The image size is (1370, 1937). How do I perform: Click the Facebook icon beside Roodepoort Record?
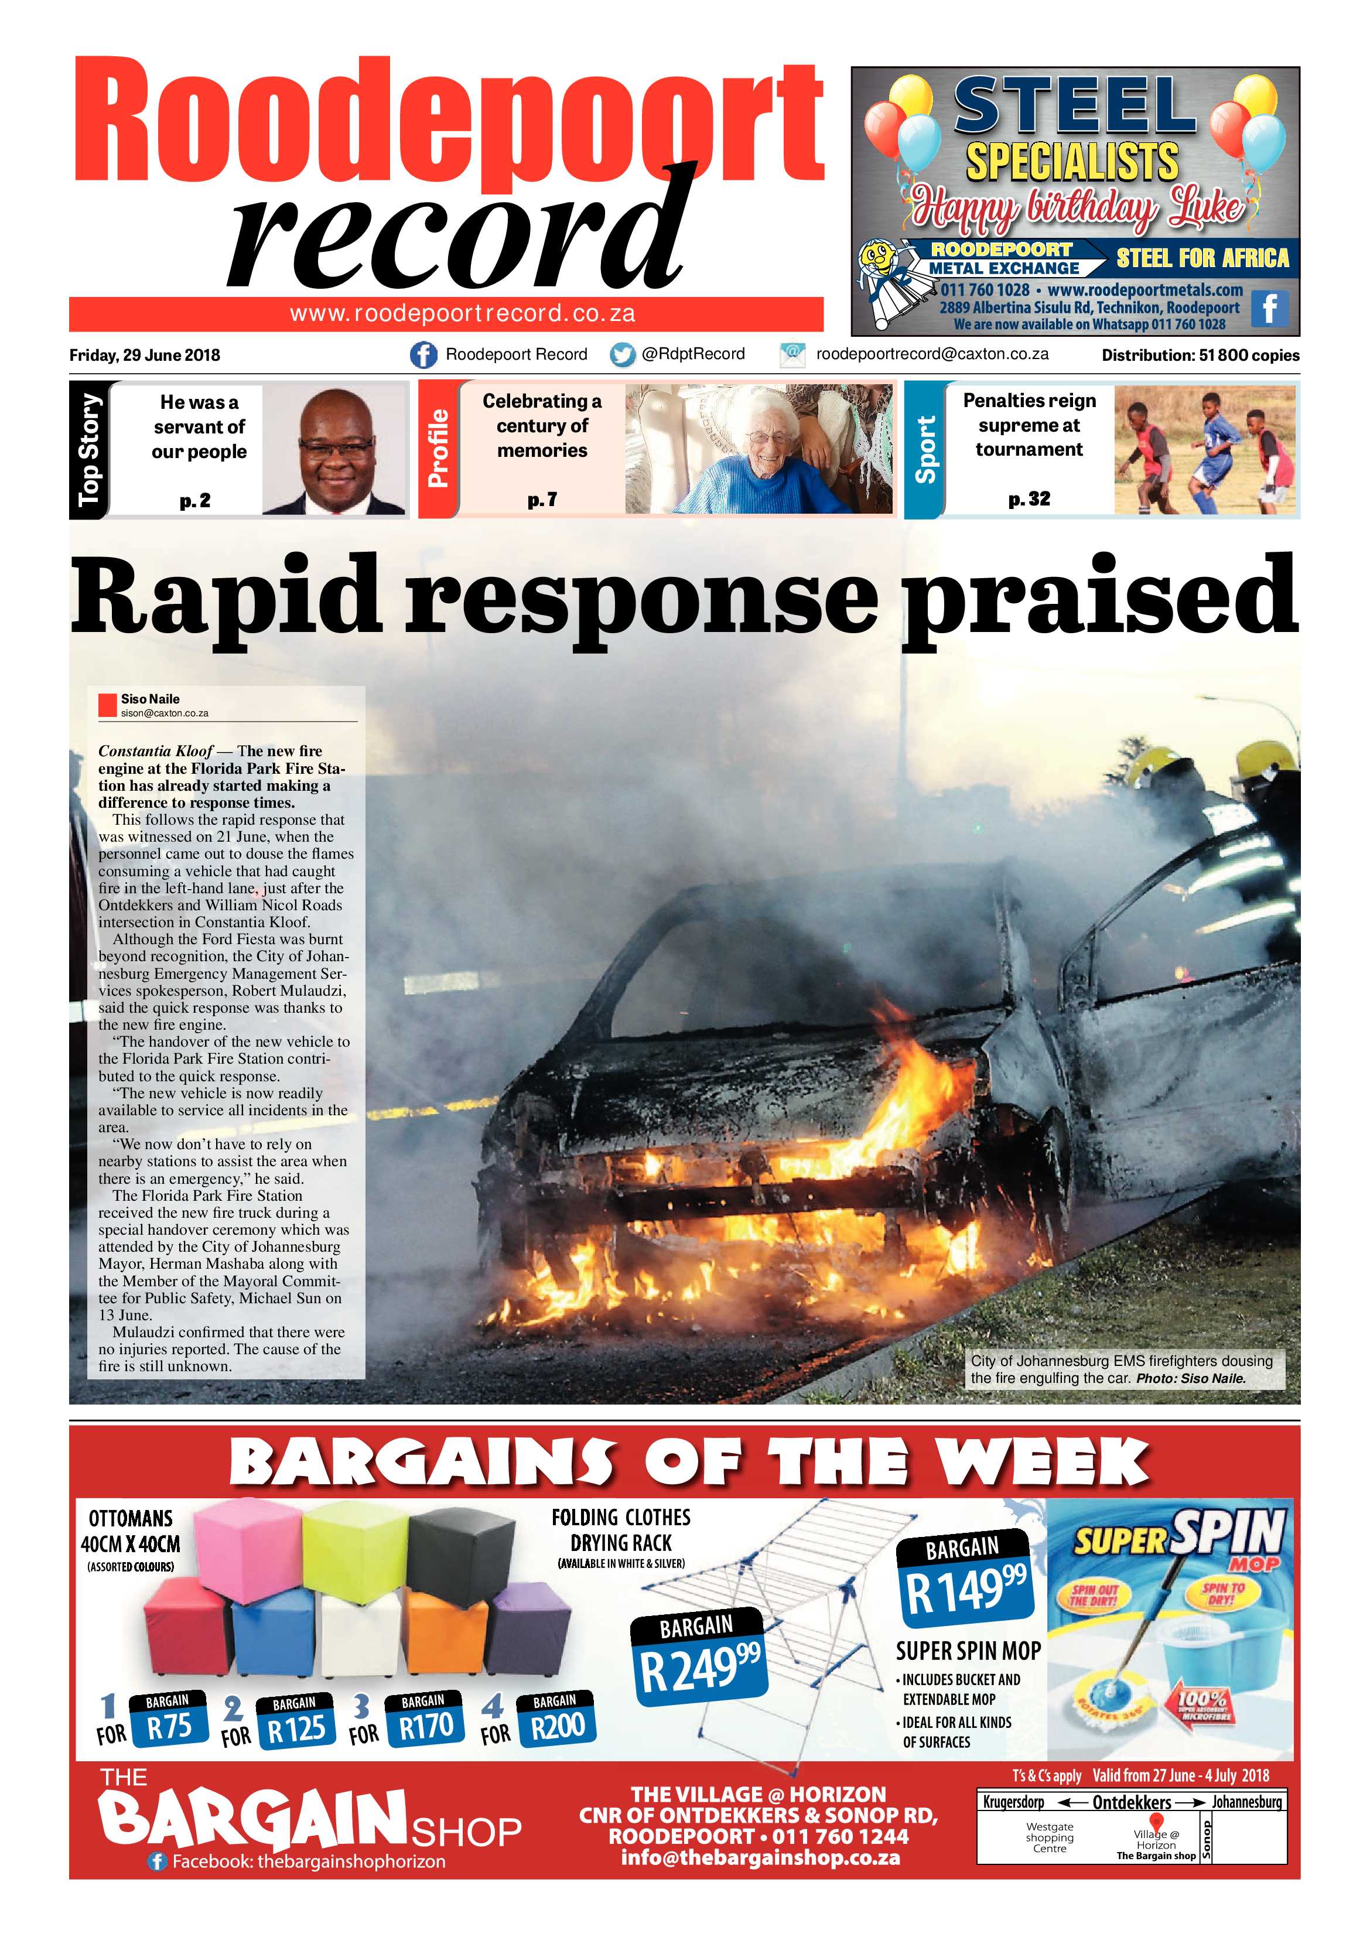423,354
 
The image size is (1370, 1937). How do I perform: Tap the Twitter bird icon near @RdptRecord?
623,355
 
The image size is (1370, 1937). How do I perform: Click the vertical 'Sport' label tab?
925,450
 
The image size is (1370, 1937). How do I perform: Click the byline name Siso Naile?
150,699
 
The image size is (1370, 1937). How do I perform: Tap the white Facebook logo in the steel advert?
1269,309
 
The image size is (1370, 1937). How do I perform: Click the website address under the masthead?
462,314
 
